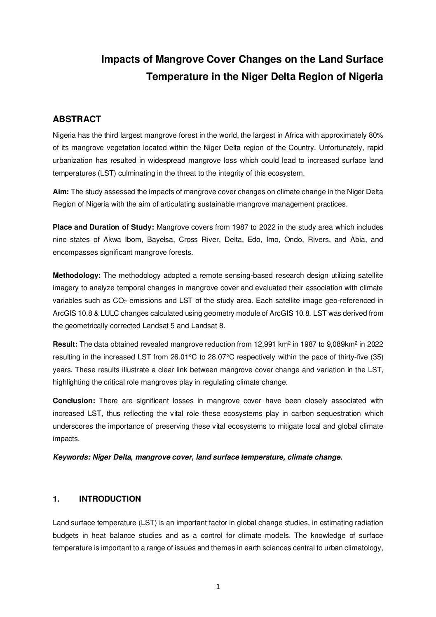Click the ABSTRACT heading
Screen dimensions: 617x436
point(77,120)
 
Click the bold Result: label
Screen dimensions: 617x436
point(65,344)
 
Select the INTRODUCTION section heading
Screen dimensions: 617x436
point(110,499)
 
